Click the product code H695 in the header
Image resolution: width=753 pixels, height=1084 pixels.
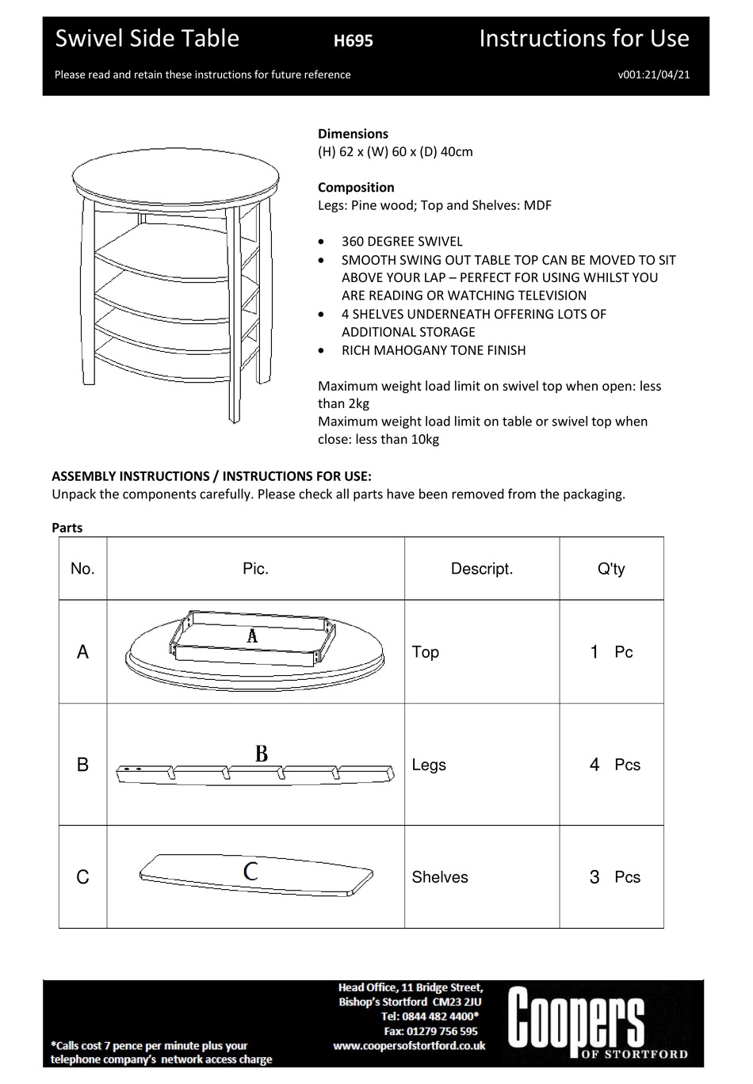pyautogui.click(x=353, y=40)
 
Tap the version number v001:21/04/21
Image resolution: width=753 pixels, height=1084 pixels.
pyautogui.click(x=653, y=74)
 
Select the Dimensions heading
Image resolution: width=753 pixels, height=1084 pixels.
pyautogui.click(x=353, y=134)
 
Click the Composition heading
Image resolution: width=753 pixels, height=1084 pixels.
pyautogui.click(x=356, y=187)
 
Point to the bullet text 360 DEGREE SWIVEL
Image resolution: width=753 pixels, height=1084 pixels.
pyautogui.click(x=402, y=242)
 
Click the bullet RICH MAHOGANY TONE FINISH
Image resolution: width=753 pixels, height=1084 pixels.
pyautogui.click(x=433, y=350)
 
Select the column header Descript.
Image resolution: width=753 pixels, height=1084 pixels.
pyautogui.click(x=481, y=569)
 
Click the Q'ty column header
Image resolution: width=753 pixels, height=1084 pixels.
pyautogui.click(x=610, y=569)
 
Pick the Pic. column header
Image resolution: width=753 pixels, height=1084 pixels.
pyautogui.click(x=255, y=569)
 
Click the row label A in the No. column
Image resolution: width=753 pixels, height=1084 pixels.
pyautogui.click(x=82, y=652)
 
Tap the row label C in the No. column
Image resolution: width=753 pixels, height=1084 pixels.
pyautogui.click(x=82, y=877)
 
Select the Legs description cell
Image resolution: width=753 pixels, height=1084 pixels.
pyautogui.click(x=429, y=765)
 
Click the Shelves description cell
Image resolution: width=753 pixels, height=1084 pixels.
pyautogui.click(x=440, y=877)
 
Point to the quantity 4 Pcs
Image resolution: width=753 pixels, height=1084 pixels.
pyautogui.click(x=613, y=765)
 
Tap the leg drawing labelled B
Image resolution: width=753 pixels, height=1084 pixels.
pyautogui.click(x=255, y=773)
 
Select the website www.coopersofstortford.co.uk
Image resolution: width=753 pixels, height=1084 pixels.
pyautogui.click(x=408, y=1046)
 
